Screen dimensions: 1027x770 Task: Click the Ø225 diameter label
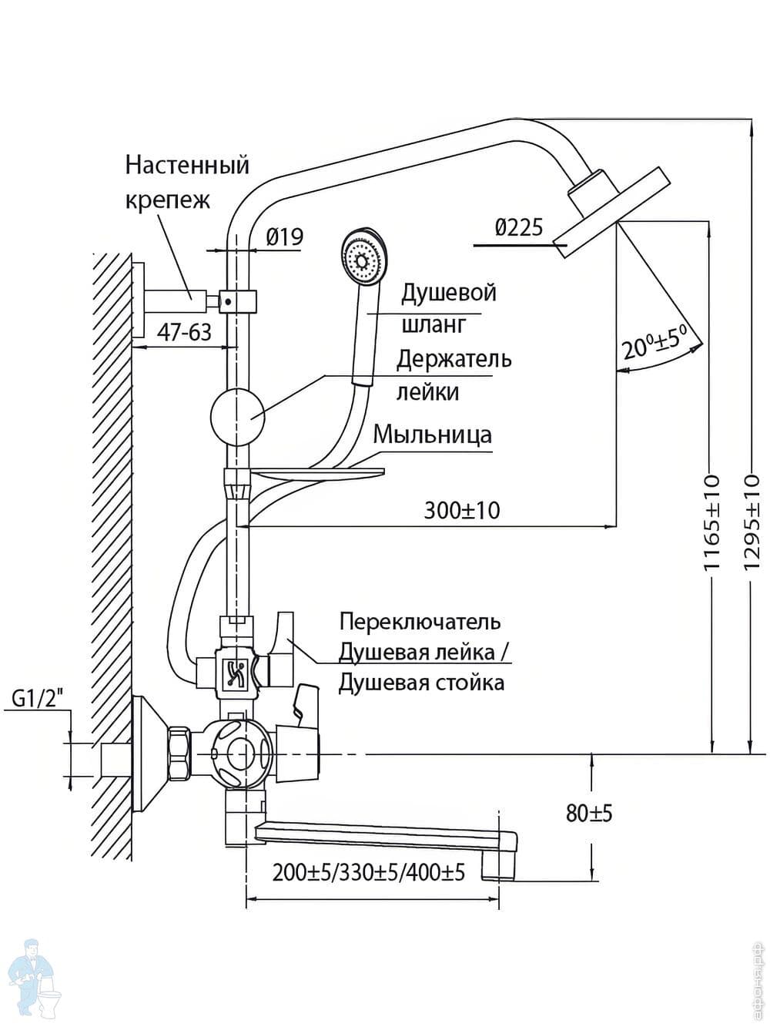click(519, 227)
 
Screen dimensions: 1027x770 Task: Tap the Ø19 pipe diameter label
click(285, 237)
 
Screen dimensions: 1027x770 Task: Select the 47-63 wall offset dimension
click(184, 332)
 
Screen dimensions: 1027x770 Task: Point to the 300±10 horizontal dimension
click(461, 510)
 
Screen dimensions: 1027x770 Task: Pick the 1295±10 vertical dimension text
click(752, 522)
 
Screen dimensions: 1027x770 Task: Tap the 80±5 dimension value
click(589, 813)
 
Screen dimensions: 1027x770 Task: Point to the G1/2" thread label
click(38, 699)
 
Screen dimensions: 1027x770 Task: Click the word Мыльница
click(432, 435)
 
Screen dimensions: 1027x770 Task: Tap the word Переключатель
click(420, 621)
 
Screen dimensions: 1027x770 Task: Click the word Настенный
click(187, 165)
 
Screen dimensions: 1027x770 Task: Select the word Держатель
click(454, 359)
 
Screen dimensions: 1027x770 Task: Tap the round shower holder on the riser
click(237, 417)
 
